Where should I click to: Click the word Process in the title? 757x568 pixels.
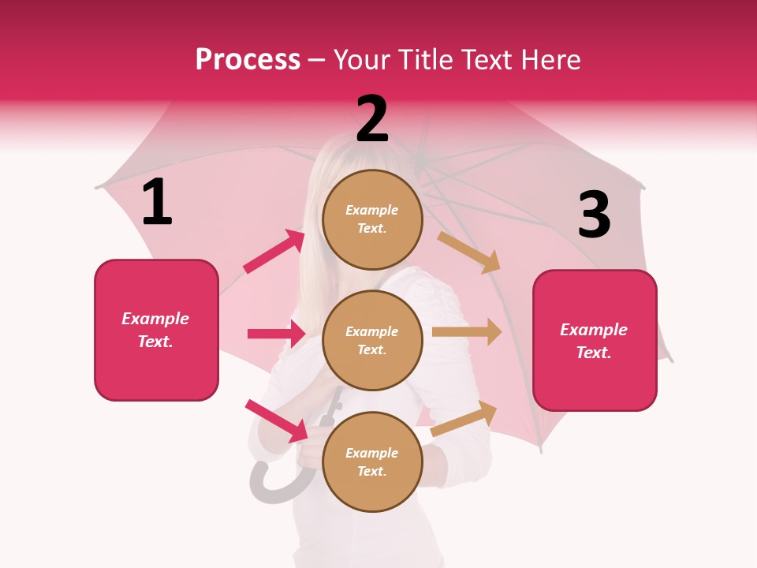click(x=248, y=59)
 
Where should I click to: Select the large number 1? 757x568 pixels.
click(x=157, y=203)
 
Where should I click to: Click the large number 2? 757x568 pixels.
click(x=372, y=119)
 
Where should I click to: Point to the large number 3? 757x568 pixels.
click(x=594, y=215)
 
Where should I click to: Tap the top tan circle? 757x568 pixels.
click(x=372, y=220)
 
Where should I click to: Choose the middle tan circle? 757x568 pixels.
click(x=372, y=341)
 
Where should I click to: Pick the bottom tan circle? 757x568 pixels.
click(x=372, y=462)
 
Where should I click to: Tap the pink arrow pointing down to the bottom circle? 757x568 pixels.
click(x=277, y=420)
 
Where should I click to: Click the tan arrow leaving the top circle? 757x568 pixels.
click(x=469, y=252)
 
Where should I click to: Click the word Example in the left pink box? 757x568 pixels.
click(x=155, y=319)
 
